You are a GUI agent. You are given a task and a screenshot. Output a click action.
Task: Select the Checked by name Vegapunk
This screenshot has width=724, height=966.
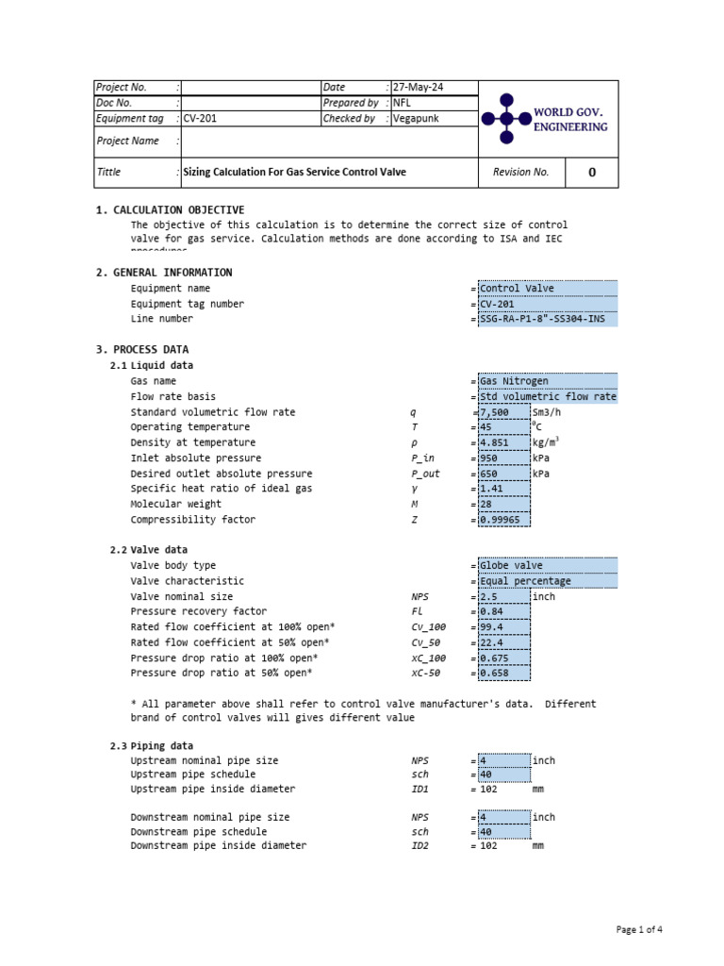(x=416, y=119)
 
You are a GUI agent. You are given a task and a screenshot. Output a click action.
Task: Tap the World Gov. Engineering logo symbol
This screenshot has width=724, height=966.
(x=506, y=118)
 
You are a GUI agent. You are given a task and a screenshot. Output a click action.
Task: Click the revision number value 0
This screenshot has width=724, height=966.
(x=592, y=173)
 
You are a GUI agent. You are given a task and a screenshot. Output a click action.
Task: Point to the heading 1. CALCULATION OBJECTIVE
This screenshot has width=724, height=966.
(x=170, y=210)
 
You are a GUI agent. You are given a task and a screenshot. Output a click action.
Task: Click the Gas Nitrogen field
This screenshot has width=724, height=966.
(x=548, y=381)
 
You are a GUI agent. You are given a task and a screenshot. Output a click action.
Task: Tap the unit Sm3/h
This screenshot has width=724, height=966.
(x=551, y=412)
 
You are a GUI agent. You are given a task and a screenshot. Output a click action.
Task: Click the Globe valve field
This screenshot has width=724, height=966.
(x=548, y=566)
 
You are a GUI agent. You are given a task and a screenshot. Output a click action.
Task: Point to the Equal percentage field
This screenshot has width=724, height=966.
(x=548, y=581)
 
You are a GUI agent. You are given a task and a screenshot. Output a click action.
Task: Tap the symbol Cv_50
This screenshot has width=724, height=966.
(x=426, y=642)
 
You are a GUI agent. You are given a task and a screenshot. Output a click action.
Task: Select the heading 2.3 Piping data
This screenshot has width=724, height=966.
(x=153, y=746)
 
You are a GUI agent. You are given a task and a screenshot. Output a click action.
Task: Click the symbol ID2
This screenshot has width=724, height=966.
(x=420, y=846)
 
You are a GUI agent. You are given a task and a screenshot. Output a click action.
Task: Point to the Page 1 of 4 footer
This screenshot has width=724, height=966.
(x=639, y=930)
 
